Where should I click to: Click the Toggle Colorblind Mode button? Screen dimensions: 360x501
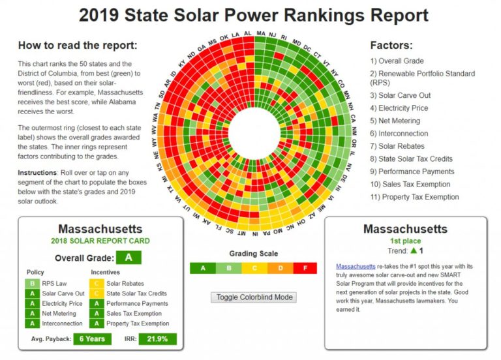pos(254,297)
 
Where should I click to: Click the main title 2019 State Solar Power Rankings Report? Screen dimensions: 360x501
pos(254,16)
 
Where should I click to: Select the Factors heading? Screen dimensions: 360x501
pos(391,46)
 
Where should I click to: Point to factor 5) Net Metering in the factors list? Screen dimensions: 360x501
pos(399,121)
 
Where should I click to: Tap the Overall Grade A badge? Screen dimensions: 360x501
pos(129,257)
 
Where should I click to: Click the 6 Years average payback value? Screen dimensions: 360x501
pos(92,339)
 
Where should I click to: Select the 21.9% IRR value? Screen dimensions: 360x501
pos(157,339)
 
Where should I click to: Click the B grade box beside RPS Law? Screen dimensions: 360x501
pos(31,284)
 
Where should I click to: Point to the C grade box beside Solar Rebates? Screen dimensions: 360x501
pos(95,284)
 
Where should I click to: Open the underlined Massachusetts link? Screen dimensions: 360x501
pos(356,267)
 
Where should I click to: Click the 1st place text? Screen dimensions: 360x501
pos(405,241)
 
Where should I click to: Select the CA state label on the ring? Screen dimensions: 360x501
pos(353,119)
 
